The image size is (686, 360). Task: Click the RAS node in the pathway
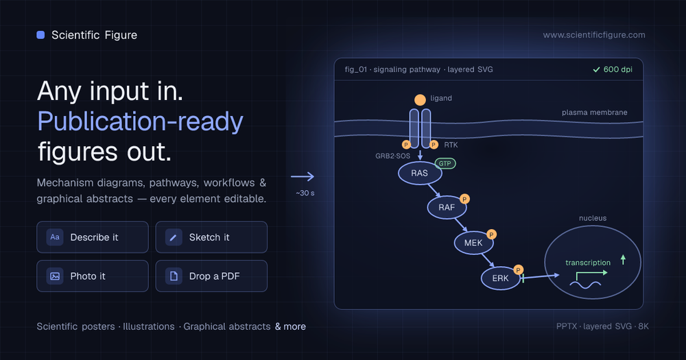419,173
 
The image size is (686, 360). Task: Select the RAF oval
447,207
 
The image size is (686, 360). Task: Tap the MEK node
473,243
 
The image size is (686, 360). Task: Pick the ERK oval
501,278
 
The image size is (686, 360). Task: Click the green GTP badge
445,164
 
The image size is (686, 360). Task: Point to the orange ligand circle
420,100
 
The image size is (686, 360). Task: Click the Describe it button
93,237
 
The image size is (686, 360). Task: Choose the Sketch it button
211,237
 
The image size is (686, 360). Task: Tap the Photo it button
93,276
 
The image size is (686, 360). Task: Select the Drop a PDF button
211,276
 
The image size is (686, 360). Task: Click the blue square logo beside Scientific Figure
40,35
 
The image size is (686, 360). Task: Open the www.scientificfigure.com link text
594,35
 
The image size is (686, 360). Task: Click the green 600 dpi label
613,69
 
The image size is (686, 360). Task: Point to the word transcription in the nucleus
588,263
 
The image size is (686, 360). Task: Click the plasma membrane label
595,112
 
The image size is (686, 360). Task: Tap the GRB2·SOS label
393,156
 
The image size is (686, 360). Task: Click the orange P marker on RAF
464,199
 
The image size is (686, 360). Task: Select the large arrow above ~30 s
303,177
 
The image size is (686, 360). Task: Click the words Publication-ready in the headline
140,121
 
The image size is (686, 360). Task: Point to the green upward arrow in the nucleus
623,260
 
